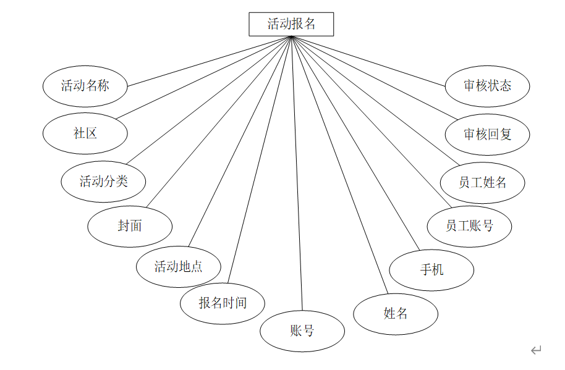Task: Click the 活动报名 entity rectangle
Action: point(291,24)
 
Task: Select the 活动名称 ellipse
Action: point(85,86)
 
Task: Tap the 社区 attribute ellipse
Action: point(85,133)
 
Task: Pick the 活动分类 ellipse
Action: point(103,182)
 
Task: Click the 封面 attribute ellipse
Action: point(130,226)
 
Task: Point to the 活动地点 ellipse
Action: point(178,267)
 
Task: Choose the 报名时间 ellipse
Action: point(223,303)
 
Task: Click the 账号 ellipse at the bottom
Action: point(302,331)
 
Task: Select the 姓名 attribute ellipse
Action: point(396,314)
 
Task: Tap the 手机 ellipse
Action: point(431,270)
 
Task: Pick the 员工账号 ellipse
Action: point(469,226)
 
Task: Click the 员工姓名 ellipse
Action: point(482,183)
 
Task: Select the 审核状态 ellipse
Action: point(488,86)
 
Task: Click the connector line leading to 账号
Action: point(297,173)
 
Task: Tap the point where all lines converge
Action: point(291,37)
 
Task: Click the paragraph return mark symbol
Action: point(536,350)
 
